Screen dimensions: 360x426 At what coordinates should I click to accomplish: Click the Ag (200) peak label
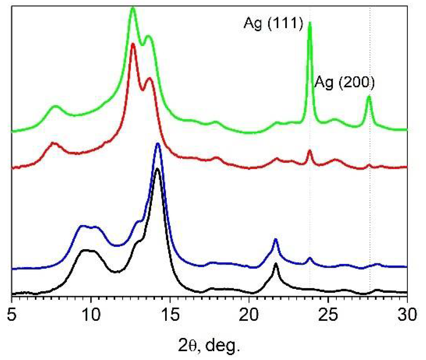point(344,83)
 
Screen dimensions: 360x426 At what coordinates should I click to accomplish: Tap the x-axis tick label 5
point(11,315)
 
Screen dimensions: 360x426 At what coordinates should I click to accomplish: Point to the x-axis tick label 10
point(90,315)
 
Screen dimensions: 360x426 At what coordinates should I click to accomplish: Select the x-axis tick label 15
point(170,315)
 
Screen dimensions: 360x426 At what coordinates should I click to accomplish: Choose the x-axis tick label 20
point(249,315)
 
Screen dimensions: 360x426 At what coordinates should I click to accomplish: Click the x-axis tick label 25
point(328,315)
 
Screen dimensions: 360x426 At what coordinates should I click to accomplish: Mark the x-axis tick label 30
point(407,315)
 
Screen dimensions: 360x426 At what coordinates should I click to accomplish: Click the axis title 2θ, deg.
point(209,346)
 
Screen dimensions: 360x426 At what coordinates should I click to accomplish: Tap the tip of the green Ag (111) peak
point(310,23)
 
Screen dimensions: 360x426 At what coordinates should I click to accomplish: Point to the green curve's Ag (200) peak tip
point(369,97)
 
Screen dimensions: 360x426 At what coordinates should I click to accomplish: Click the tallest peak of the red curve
point(132,44)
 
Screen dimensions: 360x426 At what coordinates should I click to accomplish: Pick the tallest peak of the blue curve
point(158,144)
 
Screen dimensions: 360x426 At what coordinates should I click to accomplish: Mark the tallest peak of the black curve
point(157,169)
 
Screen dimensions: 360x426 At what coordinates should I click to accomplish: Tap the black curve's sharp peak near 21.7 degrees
point(276,264)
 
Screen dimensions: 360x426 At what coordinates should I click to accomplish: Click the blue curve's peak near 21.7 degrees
point(276,239)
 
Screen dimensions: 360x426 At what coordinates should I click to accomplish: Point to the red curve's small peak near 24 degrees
point(309,151)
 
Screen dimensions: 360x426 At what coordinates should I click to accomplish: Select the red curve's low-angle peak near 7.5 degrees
point(53,143)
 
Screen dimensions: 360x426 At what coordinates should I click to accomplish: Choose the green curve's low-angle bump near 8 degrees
point(55,107)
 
